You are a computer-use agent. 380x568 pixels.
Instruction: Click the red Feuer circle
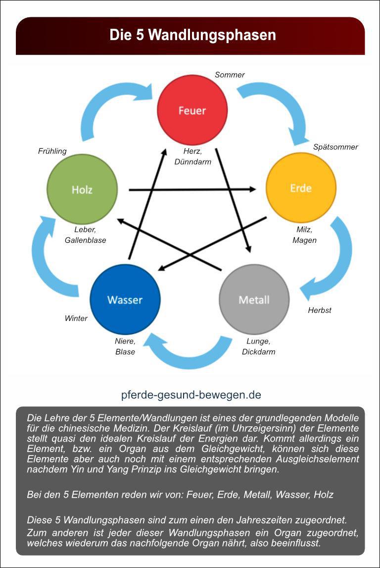pos(192,110)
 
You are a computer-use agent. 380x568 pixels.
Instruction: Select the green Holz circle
pos(82,189)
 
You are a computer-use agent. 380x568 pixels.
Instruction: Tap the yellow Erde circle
pos(301,188)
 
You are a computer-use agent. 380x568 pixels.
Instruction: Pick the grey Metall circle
pos(254,299)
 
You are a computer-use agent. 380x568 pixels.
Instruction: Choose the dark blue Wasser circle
pos(125,299)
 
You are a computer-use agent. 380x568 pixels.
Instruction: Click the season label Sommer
pos(230,75)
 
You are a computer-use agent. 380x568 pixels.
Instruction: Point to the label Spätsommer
pos(335,147)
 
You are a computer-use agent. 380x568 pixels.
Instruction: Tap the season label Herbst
pos(320,310)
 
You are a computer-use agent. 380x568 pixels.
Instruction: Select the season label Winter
pos(76,318)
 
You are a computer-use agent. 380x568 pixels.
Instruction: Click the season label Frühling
pos(52,151)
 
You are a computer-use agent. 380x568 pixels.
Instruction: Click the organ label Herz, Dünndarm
pos(193,157)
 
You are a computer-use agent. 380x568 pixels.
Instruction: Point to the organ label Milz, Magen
pos(304,235)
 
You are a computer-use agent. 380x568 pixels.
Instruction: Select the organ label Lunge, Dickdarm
pos(258,346)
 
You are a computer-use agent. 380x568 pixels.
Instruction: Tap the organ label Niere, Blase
pos(125,346)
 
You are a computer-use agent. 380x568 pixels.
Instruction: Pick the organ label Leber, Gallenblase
pos(85,235)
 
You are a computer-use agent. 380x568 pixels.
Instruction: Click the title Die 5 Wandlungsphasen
pos(192,36)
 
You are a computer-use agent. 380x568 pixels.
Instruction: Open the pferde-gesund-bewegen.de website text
pos(191,395)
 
